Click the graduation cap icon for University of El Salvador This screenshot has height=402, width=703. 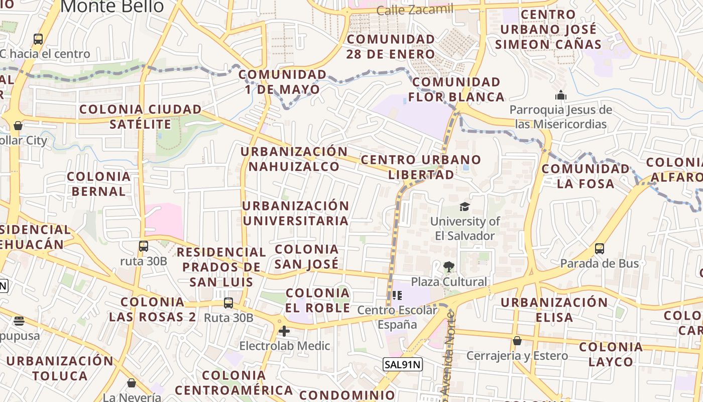click(x=464, y=207)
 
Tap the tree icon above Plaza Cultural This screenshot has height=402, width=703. click(x=448, y=267)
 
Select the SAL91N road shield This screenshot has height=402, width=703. click(x=402, y=364)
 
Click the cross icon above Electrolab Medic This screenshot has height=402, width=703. click(x=284, y=331)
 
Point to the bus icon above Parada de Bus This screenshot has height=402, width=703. click(x=599, y=249)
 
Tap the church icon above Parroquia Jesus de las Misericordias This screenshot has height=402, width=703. click(x=561, y=95)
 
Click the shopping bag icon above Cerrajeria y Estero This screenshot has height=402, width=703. click(x=517, y=341)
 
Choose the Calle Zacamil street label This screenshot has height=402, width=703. click(x=414, y=9)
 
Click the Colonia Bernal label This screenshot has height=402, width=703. click(x=99, y=184)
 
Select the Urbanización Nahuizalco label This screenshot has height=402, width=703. click(x=294, y=159)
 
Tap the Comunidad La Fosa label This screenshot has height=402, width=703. click(x=585, y=176)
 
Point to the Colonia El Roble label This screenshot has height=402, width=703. click(x=317, y=300)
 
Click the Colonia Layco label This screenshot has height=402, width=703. click(x=611, y=354)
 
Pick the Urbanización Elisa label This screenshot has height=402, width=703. click(x=554, y=310)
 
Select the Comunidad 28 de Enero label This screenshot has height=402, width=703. click(x=391, y=46)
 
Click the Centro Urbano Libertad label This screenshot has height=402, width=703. click(x=421, y=167)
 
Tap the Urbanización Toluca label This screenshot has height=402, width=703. click(x=60, y=368)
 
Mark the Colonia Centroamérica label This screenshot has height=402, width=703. click(x=234, y=382)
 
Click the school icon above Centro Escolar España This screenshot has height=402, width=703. click(x=397, y=295)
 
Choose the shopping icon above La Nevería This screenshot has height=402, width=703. click(x=132, y=383)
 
